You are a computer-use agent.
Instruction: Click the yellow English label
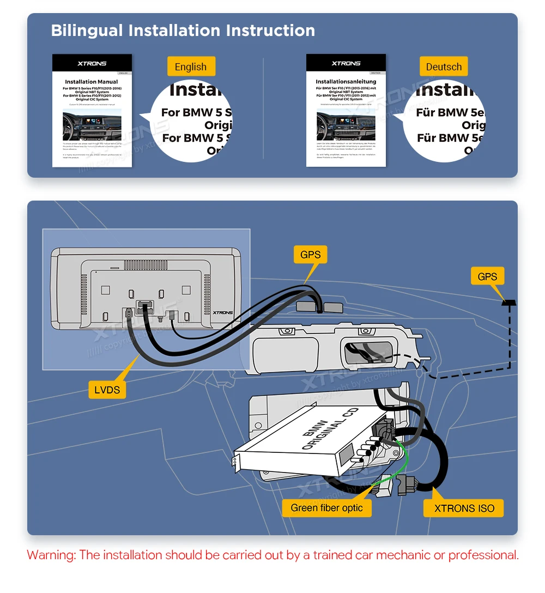pos(191,67)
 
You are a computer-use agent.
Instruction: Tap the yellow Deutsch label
pos(444,67)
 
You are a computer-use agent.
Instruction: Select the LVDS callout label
pos(107,389)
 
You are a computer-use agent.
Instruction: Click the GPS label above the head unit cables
pos(310,254)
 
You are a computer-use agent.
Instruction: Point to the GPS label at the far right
pos(487,276)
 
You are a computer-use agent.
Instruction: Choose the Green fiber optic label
pos(326,508)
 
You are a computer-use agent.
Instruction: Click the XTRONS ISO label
pos(464,509)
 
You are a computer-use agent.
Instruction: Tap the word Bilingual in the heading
pos(87,31)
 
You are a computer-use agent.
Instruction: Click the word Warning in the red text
pos(51,555)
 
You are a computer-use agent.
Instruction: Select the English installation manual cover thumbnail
pos(92,110)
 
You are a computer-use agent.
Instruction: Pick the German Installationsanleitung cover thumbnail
pos(346,110)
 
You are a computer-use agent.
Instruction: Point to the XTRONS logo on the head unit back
pos(222,313)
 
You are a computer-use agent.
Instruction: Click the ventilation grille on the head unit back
pos(146,265)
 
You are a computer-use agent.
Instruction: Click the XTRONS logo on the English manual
pos(92,64)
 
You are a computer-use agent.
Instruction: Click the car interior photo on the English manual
pos(92,125)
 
